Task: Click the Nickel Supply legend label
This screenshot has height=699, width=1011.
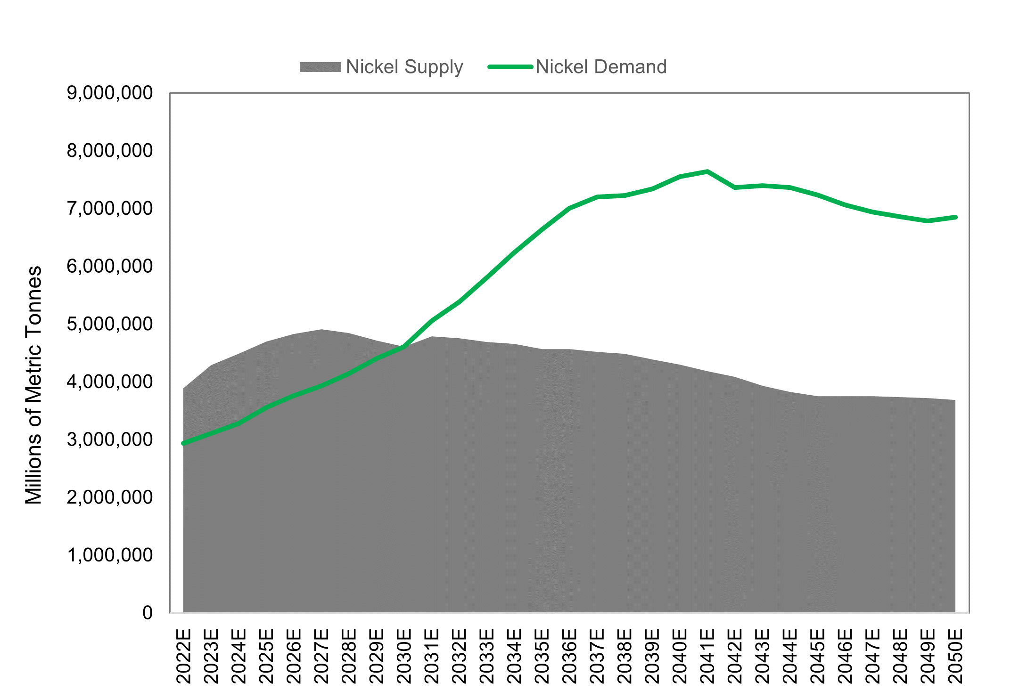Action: pos(404,67)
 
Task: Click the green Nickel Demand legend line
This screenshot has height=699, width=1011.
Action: pos(510,67)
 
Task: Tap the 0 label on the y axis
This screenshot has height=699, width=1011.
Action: pos(148,613)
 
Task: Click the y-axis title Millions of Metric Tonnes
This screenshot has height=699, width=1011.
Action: pos(34,385)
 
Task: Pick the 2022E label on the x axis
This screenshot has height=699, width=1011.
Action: pos(184,656)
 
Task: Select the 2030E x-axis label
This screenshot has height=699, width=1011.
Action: pos(404,656)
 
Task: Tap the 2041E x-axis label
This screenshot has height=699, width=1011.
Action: pos(707,656)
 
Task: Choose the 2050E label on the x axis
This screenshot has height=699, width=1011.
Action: pos(955,656)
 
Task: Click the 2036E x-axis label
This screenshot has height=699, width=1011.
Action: pos(570,656)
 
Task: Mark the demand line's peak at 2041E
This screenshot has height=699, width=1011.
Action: pos(707,171)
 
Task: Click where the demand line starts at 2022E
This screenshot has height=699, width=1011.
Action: pos(184,443)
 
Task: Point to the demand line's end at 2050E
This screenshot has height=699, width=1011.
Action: pos(955,217)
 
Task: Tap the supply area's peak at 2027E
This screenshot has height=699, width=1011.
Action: pos(321,330)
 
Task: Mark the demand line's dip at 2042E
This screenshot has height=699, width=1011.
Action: pos(735,187)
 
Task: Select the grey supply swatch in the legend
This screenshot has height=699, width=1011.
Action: pos(321,67)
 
